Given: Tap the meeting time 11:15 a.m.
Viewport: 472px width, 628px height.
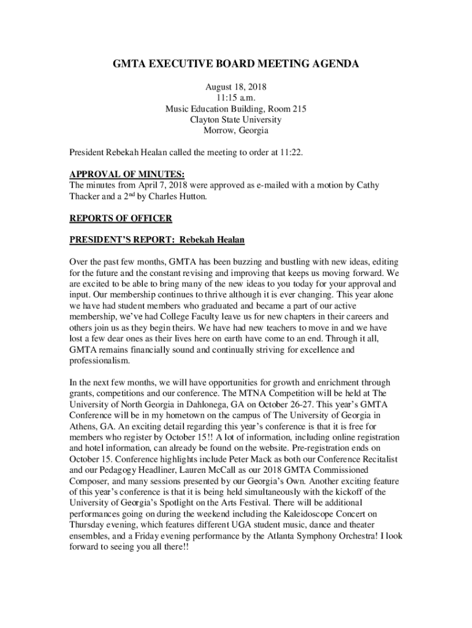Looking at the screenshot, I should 235,98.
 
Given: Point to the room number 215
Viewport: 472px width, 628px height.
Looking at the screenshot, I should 299,109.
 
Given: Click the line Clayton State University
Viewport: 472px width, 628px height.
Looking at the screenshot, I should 235,120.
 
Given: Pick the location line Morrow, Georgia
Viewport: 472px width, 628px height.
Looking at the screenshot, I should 235,131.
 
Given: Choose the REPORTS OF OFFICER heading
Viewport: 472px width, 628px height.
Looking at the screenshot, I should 120,218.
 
